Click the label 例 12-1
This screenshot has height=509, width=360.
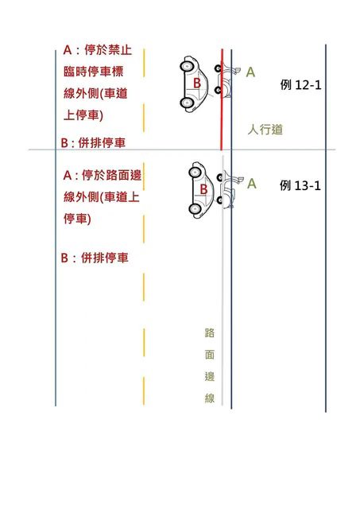pyautogui.click(x=300, y=85)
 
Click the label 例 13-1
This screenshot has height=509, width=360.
pyautogui.click(x=300, y=185)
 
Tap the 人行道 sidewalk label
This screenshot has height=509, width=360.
pyautogui.click(x=265, y=130)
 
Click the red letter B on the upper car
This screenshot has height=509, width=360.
pyautogui.click(x=197, y=83)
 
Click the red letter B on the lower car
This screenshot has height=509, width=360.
pyautogui.click(x=203, y=189)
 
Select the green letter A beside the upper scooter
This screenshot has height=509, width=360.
pyautogui.click(x=250, y=72)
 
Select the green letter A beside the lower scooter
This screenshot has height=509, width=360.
pyautogui.click(x=252, y=184)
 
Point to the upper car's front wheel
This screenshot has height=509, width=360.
pyautogui.click(x=187, y=66)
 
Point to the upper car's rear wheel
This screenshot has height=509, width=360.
pyautogui.click(x=187, y=103)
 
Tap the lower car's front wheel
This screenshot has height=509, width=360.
pyautogui.click(x=195, y=172)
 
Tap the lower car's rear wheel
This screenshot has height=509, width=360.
pyautogui.click(x=195, y=208)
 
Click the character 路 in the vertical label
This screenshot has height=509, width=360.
pyautogui.click(x=210, y=332)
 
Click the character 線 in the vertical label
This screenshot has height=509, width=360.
pyautogui.click(x=210, y=398)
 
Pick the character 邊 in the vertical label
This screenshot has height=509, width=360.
pyautogui.click(x=210, y=376)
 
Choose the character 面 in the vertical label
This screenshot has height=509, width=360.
pyautogui.click(x=210, y=355)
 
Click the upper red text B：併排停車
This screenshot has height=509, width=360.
pyautogui.click(x=93, y=143)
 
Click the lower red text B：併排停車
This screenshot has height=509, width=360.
pyautogui.click(x=95, y=258)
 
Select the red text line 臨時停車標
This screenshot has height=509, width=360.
pyautogui.click(x=94, y=72)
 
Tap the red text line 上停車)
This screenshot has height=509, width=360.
pyautogui.click(x=83, y=115)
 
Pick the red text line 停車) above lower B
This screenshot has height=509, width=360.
pyautogui.click(x=77, y=219)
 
